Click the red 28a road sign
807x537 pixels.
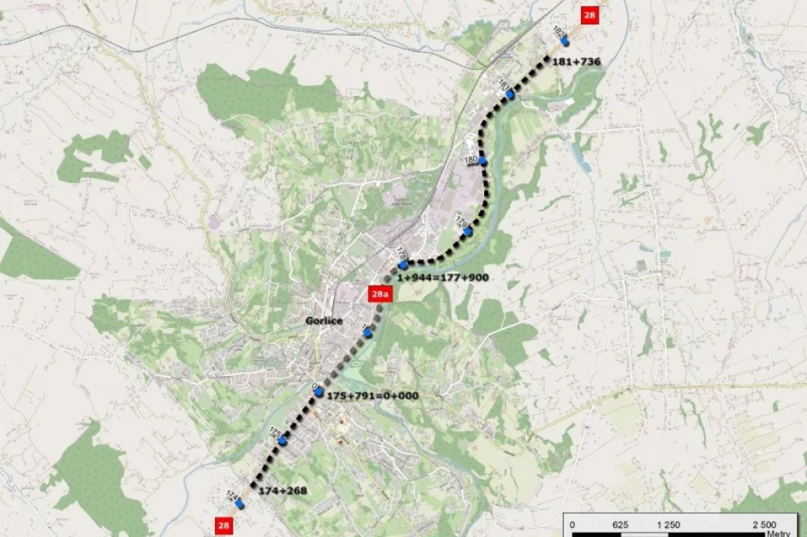click(380, 295)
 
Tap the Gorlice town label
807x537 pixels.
click(324, 320)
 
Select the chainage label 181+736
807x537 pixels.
click(576, 61)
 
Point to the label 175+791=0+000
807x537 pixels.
click(372, 395)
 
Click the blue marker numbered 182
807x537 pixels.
click(564, 40)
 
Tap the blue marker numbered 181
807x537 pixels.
click(510, 95)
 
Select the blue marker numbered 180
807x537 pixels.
click(482, 160)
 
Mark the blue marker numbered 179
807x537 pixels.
click(467, 230)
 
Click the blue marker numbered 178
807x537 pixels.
click(404, 264)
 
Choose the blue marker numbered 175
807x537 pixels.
click(282, 440)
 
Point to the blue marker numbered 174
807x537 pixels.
click(240, 503)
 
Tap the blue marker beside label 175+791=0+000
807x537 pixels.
click(319, 393)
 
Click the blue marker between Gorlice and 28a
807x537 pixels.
click(368, 332)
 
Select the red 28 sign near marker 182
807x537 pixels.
click(589, 14)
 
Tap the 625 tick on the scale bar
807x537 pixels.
click(620, 525)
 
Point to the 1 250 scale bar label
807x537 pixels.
click(669, 525)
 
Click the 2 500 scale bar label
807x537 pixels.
click(764, 525)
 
